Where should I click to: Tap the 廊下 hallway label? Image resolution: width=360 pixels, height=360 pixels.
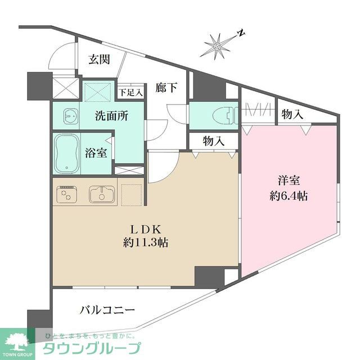click(x=166, y=88)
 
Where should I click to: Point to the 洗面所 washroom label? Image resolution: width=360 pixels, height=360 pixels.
click(x=111, y=116)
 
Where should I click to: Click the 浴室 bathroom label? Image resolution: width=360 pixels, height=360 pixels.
click(x=96, y=153)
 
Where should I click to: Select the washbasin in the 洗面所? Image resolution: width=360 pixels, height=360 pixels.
click(x=69, y=116)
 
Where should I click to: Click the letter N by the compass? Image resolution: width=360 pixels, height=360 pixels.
click(x=240, y=33)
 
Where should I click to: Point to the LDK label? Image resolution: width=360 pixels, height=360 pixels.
click(x=147, y=229)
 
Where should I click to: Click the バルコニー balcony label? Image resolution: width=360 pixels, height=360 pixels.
click(x=107, y=310)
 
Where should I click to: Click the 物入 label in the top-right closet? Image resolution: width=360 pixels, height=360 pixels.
click(x=292, y=115)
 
